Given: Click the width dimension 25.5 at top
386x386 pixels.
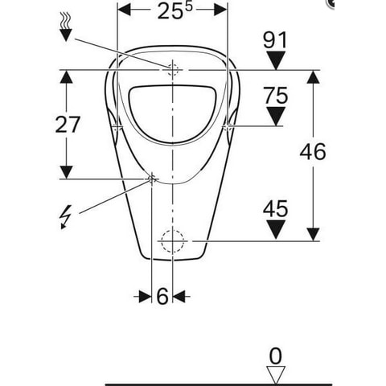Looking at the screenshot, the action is [175, 10].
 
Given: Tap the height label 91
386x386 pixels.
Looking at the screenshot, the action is [275, 40].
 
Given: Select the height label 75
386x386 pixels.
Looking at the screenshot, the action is [276, 96].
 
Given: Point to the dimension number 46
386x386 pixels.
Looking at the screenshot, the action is [313, 152].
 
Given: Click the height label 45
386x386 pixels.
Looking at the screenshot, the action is [276, 208].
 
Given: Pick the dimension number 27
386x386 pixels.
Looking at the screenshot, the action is [68, 125].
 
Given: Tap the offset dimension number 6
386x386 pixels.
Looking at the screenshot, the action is [162, 296].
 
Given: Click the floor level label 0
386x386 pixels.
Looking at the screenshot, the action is [276, 356].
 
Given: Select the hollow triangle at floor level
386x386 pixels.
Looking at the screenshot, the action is [276, 375].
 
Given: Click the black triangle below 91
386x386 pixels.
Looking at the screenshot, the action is [276, 61].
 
